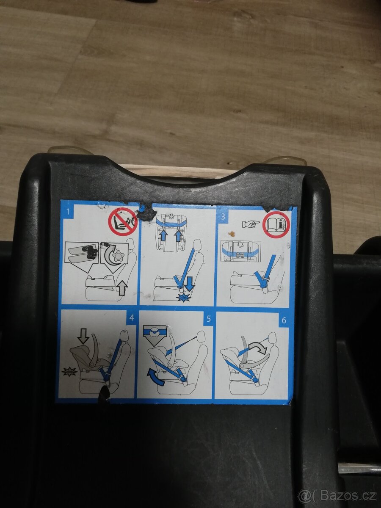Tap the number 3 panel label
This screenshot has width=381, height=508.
click(x=223, y=217)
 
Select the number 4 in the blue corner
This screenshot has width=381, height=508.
click(x=132, y=317)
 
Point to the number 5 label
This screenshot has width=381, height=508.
click(x=208, y=319)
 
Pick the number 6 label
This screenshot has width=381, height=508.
click(x=284, y=320)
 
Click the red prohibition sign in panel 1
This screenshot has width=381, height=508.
click(x=123, y=222)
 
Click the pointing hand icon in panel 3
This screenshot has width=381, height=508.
click(x=251, y=224)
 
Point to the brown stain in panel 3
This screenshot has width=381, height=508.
click(x=231, y=235)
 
